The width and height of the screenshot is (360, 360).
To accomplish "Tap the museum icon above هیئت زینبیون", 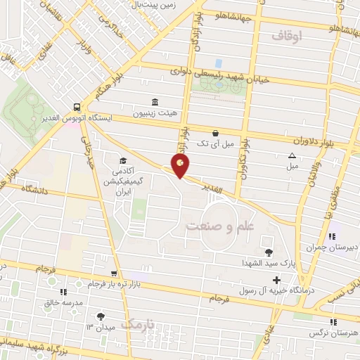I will (155, 101).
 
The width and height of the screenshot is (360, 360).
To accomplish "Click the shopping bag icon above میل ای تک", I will (215, 132).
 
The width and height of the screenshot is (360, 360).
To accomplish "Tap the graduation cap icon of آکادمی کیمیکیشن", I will (124, 161).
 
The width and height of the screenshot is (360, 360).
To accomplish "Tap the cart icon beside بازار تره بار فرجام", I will (113, 274).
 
